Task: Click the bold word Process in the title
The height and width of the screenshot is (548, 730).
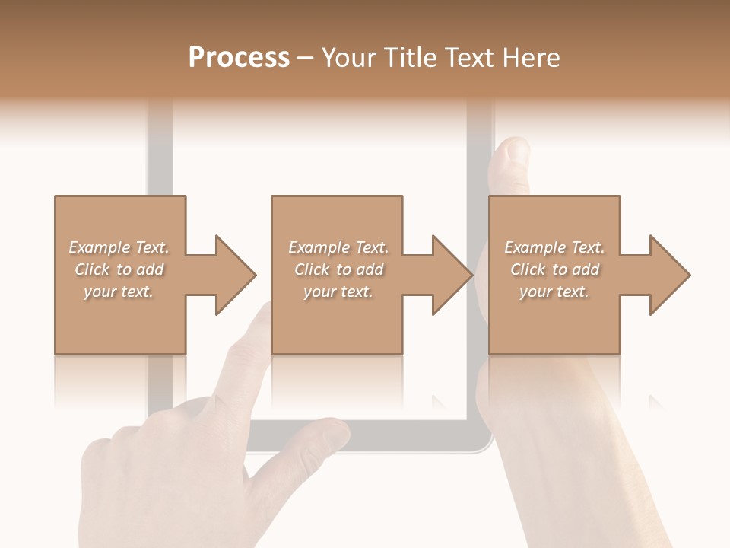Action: tap(239, 58)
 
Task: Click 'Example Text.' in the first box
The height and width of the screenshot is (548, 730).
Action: tap(119, 247)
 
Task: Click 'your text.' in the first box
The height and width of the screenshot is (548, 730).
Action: tap(119, 292)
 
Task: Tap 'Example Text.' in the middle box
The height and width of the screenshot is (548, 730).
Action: tap(338, 247)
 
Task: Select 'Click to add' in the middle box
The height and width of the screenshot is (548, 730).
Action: tap(338, 269)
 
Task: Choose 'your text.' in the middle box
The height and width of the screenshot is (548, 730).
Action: tap(338, 292)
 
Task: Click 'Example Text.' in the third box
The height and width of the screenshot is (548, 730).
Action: tap(554, 247)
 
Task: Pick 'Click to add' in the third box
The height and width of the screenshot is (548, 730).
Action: tap(554, 269)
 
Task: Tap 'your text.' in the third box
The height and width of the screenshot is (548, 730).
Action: tap(554, 292)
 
